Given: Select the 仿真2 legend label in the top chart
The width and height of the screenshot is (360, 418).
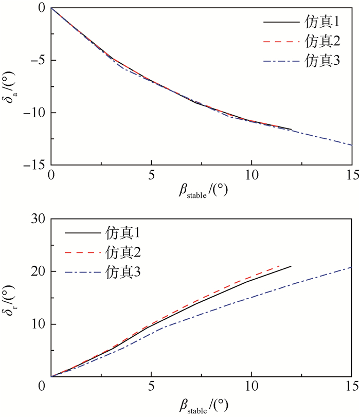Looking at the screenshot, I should [x=322, y=41].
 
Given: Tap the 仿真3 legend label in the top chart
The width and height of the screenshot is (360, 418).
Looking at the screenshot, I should [x=322, y=60].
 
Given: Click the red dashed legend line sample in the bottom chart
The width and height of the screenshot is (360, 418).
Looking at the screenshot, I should [x=83, y=252].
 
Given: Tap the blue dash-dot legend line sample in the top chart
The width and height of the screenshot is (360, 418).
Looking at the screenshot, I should [x=281, y=60].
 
